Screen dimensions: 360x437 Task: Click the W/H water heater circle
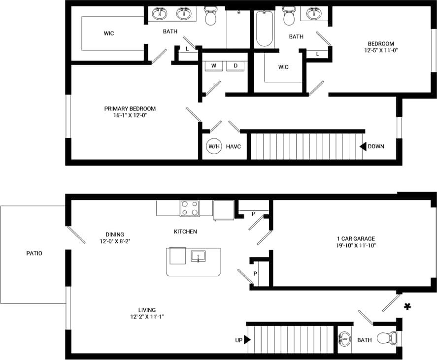click(x=214, y=146)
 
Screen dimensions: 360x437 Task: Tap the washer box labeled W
click(x=214, y=65)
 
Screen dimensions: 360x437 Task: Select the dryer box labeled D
click(x=235, y=65)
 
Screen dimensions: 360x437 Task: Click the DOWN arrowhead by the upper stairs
click(x=363, y=146)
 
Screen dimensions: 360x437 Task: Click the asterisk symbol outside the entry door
click(x=407, y=307)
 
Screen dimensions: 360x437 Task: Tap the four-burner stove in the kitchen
click(x=190, y=208)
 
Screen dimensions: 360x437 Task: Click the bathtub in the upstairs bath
click(x=265, y=29)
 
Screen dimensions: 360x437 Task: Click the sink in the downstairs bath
click(x=344, y=339)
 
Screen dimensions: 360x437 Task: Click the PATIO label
click(x=34, y=253)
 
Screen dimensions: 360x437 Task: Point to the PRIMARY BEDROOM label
click(x=130, y=109)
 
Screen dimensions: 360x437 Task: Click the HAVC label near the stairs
click(x=233, y=146)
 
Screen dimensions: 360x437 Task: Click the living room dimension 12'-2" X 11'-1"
click(x=143, y=317)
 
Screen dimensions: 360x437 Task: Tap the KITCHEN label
click(x=185, y=231)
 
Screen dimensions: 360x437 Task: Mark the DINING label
click(x=114, y=234)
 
